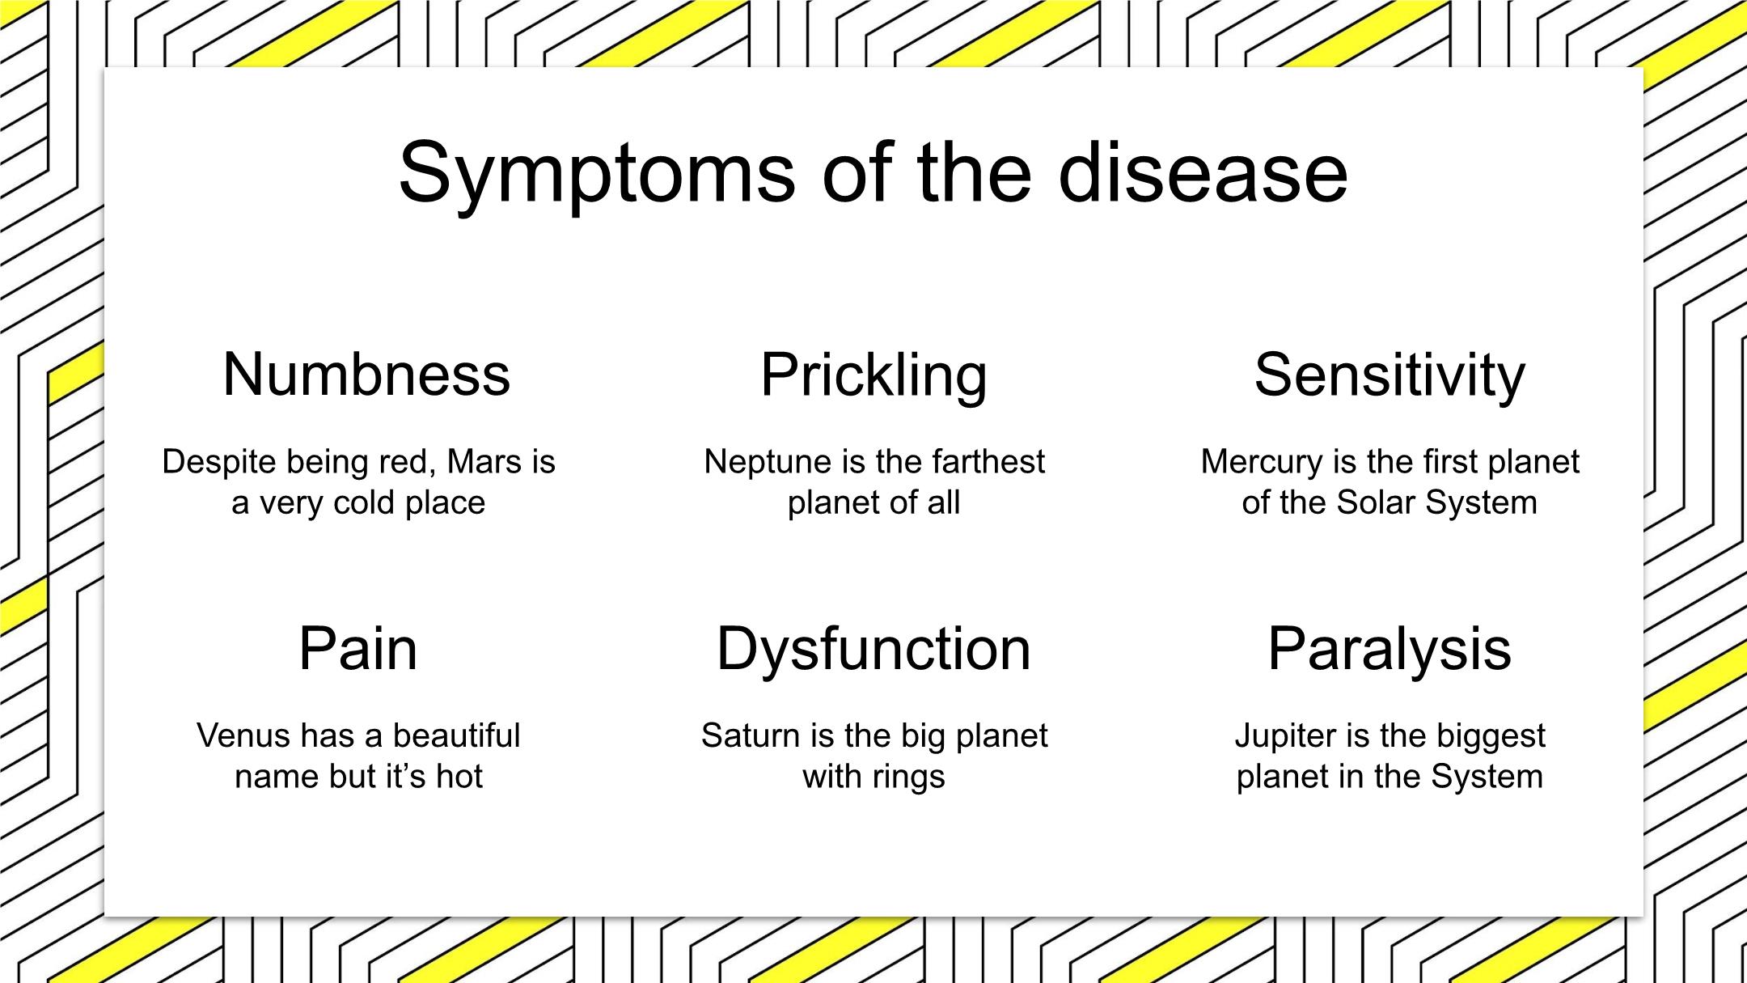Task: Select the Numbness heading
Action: tap(366, 374)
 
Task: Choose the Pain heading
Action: tap(358, 648)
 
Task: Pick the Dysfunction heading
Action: tap(873, 650)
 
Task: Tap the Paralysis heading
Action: tap(1390, 650)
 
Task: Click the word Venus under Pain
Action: tap(244, 735)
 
